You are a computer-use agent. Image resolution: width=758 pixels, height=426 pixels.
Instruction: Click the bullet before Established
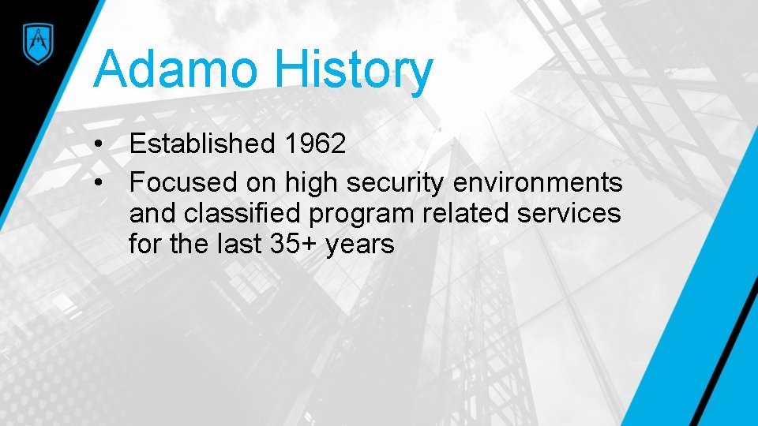click(97, 144)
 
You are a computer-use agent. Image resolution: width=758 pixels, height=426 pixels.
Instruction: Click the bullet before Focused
click(97, 182)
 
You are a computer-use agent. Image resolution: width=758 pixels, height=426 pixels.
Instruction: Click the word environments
click(538, 182)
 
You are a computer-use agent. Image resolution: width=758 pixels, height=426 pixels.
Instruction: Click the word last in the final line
click(233, 245)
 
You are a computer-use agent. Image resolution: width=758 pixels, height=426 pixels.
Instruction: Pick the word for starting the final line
click(144, 245)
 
